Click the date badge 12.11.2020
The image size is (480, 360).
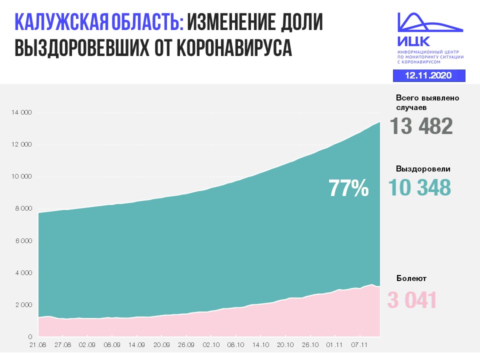[x=429, y=75]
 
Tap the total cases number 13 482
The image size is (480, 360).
[x=421, y=126]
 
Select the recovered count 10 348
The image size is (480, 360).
[x=419, y=187]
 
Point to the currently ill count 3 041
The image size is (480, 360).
[x=412, y=300]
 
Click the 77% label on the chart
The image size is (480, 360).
[x=348, y=188]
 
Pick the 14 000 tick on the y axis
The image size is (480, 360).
[x=21, y=112]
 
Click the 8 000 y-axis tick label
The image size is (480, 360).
[x=22, y=208]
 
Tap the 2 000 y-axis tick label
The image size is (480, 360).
[x=22, y=304]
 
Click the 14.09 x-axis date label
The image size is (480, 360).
[x=136, y=344]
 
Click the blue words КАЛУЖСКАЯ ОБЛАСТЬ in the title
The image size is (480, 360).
[x=99, y=23]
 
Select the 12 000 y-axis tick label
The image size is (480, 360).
[x=21, y=144]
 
